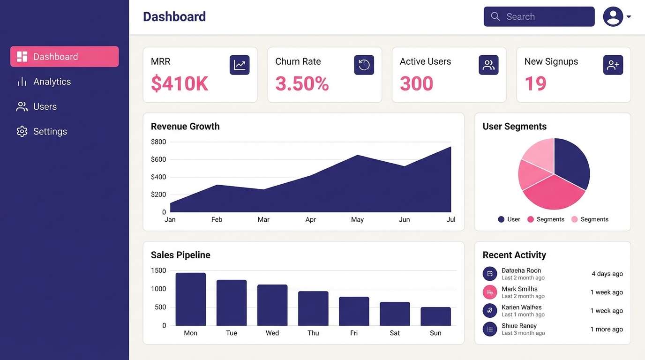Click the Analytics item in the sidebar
tap(52, 82)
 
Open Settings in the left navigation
tap(50, 132)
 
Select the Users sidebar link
tap(45, 107)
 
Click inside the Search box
tap(544, 17)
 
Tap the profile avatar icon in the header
tap(613, 17)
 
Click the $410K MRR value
tap(180, 84)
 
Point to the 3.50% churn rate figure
tap(302, 84)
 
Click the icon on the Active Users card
tap(488, 65)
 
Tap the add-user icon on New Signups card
tap(613, 65)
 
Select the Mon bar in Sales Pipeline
tap(190, 299)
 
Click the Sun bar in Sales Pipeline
tap(435, 316)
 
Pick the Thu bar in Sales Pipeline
tap(313, 308)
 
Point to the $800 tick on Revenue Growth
tap(158, 142)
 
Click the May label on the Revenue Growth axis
tap(357, 219)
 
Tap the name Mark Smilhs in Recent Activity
tap(519, 289)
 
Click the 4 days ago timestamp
tap(607, 274)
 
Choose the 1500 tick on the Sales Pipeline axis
tap(158, 270)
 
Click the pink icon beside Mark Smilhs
tap(489, 292)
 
